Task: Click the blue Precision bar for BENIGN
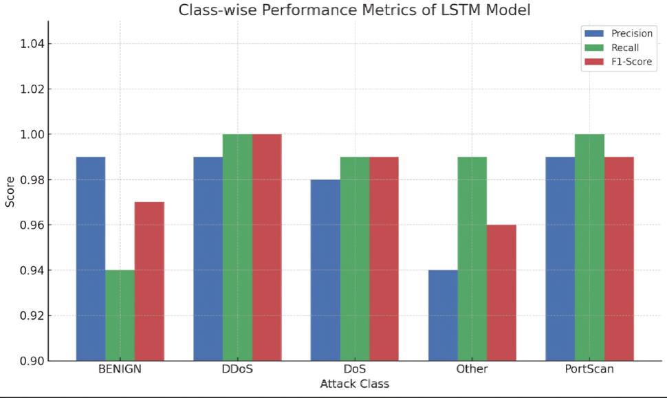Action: click(91, 258)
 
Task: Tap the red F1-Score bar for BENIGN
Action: click(149, 281)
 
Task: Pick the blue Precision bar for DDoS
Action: click(208, 258)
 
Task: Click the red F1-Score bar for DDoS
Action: click(267, 247)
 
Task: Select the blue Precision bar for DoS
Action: click(325, 270)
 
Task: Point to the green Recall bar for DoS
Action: click(355, 258)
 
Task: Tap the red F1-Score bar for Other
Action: click(501, 292)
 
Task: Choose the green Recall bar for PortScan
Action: click(589, 247)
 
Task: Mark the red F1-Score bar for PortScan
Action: click(619, 258)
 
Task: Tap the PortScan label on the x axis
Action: click(589, 369)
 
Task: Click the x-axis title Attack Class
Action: click(355, 384)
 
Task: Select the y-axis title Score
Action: click(10, 191)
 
